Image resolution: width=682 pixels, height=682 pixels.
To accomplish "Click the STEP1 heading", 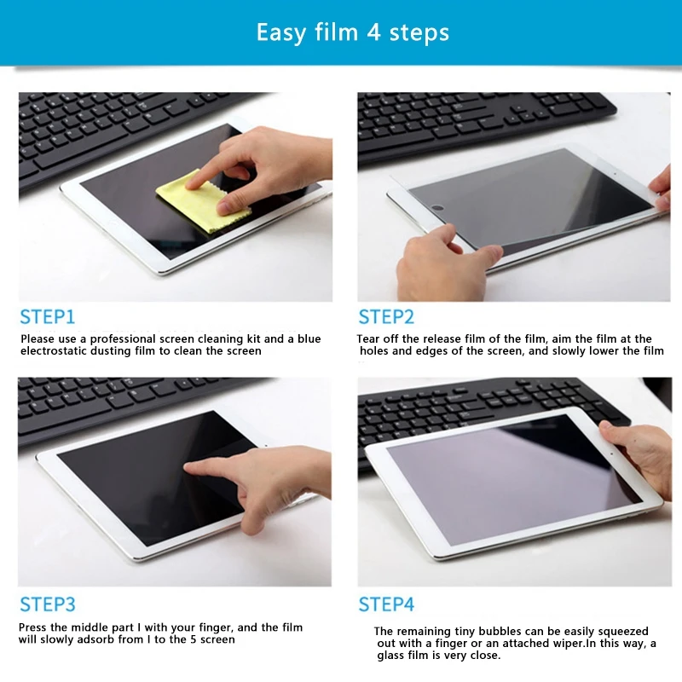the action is (48, 316).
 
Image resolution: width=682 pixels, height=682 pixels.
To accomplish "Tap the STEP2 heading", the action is (386, 316).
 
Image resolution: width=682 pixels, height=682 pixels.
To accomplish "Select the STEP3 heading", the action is (48, 604).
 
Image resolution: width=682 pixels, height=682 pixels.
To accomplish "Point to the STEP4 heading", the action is (386, 604).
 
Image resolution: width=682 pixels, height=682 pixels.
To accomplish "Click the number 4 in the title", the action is (373, 32).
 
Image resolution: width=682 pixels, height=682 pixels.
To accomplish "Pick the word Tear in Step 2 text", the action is (368, 338).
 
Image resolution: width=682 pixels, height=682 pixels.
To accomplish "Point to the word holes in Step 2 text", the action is (374, 351).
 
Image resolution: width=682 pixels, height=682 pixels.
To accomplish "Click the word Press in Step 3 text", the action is (32, 627).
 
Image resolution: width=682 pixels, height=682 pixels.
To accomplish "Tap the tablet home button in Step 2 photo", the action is (438, 208).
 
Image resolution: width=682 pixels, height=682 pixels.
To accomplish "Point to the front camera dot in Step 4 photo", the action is (611, 454).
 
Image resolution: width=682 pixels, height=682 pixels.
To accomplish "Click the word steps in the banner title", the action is (419, 33).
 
